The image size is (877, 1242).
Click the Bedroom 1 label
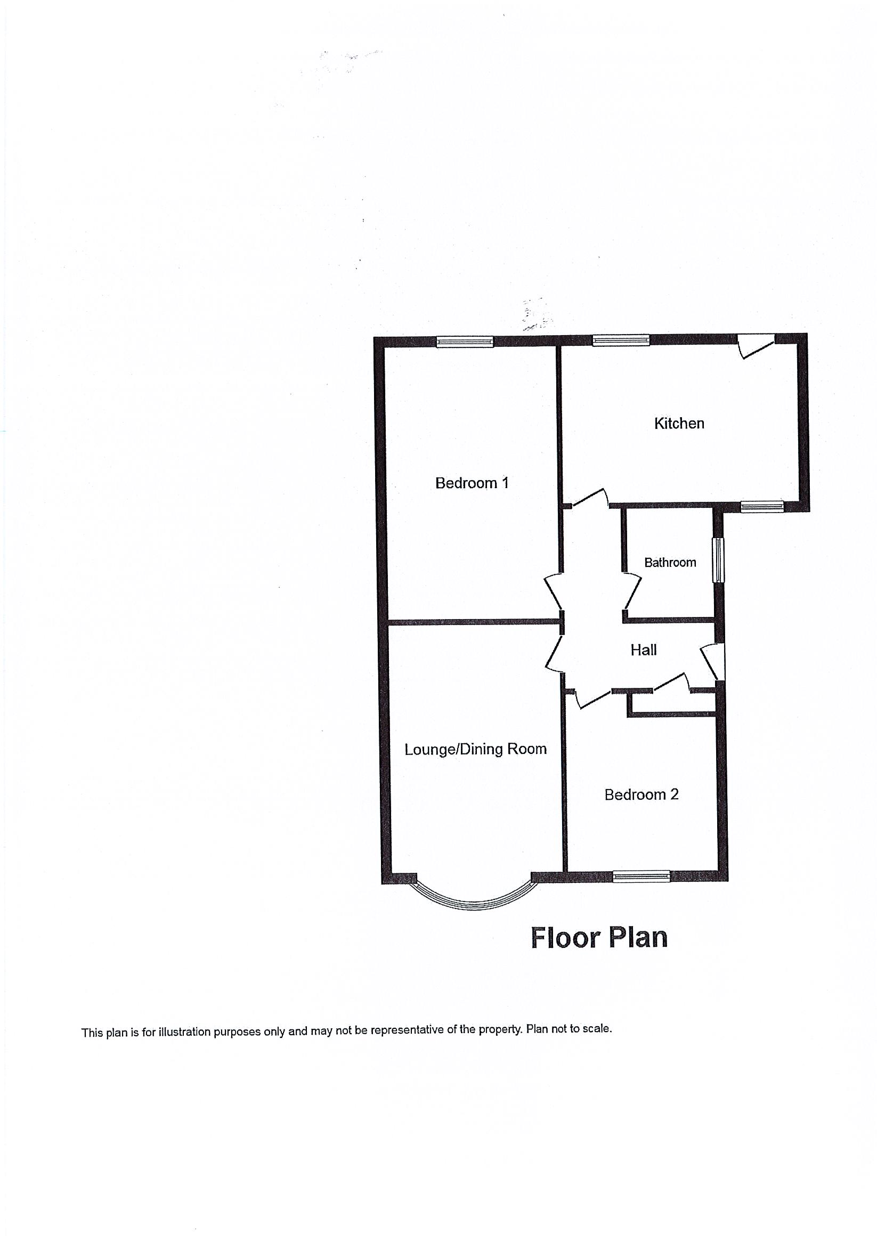[x=472, y=483]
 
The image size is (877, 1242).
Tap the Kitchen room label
[x=678, y=423]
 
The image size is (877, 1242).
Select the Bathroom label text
[x=670, y=562]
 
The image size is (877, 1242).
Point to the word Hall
[x=643, y=650]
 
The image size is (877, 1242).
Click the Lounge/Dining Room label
[x=476, y=749]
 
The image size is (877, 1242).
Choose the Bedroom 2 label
[x=641, y=794]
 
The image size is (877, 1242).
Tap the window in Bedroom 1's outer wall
[x=465, y=342]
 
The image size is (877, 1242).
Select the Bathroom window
[x=718, y=560]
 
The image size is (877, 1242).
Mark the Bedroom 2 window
[x=641, y=876]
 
